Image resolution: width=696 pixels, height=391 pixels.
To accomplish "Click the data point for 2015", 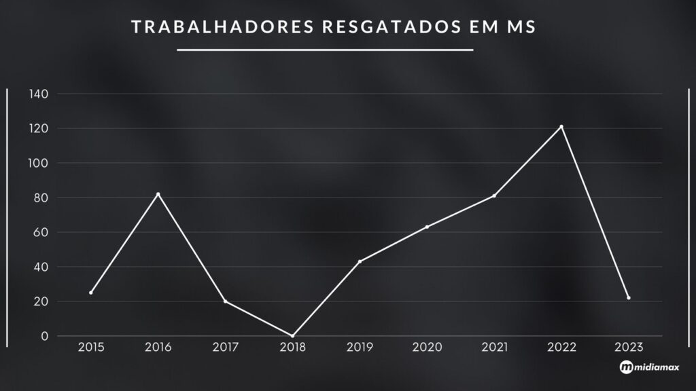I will [91, 293].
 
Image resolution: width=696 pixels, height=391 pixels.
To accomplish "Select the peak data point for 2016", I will [158, 194].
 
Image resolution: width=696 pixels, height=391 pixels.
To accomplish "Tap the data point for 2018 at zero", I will [293, 335].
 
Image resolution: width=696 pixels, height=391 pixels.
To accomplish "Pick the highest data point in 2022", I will [561, 126].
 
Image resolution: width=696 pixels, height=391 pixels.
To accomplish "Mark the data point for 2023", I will [629, 298].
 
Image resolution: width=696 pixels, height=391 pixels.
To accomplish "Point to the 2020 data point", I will [427, 227].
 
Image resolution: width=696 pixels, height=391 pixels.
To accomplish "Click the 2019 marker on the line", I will [360, 261].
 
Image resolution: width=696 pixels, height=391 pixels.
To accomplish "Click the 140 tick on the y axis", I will [38, 94].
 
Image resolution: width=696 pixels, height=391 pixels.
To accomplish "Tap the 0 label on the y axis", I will [44, 336].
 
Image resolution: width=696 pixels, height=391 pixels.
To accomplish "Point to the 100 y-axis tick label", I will [38, 163].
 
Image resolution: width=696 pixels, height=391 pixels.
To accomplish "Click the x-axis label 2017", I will [225, 348].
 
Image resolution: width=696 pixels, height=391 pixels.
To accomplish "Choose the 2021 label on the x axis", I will [494, 348].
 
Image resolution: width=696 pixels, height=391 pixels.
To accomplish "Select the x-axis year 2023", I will [629, 348].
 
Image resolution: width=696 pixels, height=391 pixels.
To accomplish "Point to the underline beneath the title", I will [325, 50].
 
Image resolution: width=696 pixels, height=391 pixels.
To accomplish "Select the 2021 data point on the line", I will [494, 195].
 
